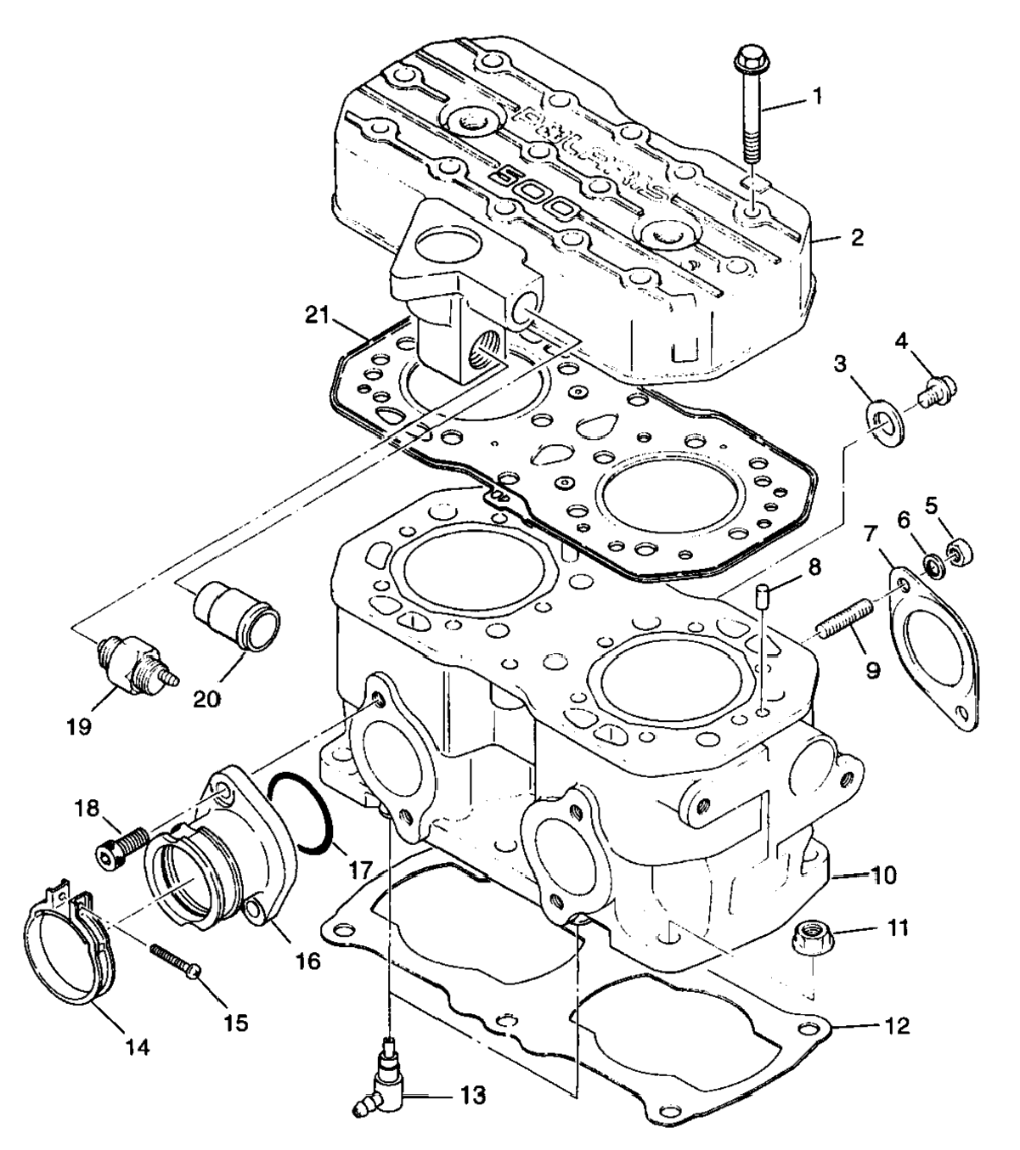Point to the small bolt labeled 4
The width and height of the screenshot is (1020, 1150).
[x=938, y=392]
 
